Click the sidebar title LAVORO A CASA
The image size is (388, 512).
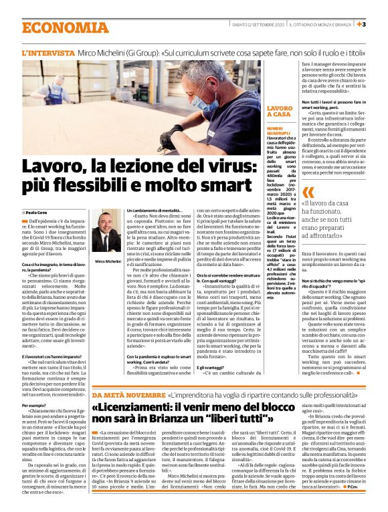[x=279, y=111]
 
